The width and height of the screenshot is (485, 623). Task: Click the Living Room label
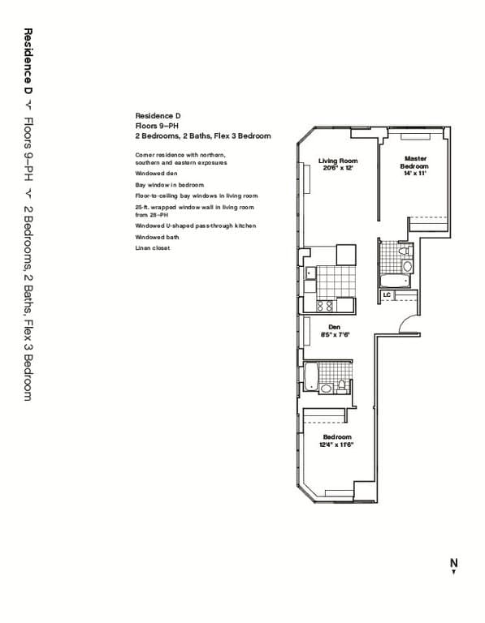click(338, 161)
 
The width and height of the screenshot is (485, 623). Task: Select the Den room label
click(333, 327)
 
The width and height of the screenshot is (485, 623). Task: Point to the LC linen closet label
click(387, 294)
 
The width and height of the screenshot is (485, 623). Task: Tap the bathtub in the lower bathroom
click(310, 376)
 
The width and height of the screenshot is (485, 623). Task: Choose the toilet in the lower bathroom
click(342, 385)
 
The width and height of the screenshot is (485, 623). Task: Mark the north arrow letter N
click(454, 562)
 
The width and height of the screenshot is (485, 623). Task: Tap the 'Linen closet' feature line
click(153, 247)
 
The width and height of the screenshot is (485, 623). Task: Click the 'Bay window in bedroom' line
click(167, 185)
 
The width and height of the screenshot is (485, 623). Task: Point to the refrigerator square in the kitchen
click(346, 254)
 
